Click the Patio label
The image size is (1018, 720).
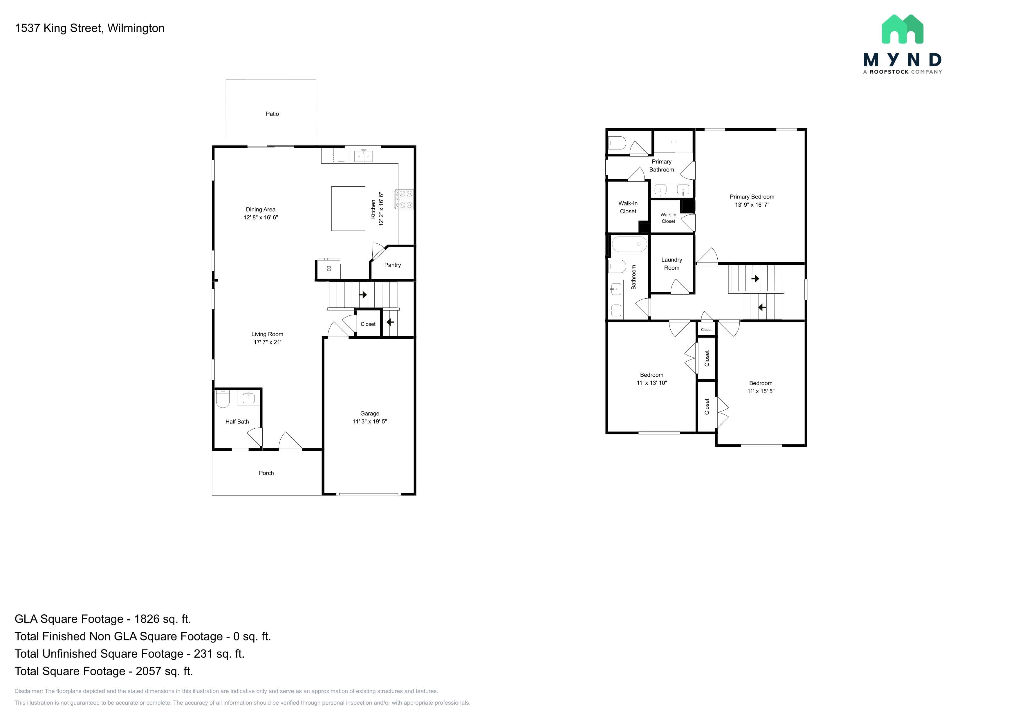pyautogui.click(x=272, y=114)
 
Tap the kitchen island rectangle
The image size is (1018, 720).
pyautogui.click(x=348, y=208)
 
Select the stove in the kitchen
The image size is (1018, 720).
pyautogui.click(x=404, y=199)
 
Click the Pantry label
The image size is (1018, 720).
pyautogui.click(x=392, y=265)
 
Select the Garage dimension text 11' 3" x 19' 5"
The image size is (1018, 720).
pyautogui.click(x=370, y=422)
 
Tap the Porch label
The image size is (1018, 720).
pyautogui.click(x=266, y=473)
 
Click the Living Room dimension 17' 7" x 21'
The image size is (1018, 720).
pyautogui.click(x=267, y=342)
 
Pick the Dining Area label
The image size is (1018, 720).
pyautogui.click(x=261, y=210)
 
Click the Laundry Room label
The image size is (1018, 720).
pyautogui.click(x=672, y=264)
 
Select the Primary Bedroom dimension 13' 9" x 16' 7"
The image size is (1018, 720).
pyautogui.click(x=752, y=205)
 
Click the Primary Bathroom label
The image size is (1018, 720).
pyautogui.click(x=662, y=166)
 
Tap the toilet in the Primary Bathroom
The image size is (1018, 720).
pyautogui.click(x=617, y=143)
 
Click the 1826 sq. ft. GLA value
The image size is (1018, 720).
pyautogui.click(x=162, y=619)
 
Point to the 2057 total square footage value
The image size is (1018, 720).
pyautogui.click(x=164, y=671)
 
